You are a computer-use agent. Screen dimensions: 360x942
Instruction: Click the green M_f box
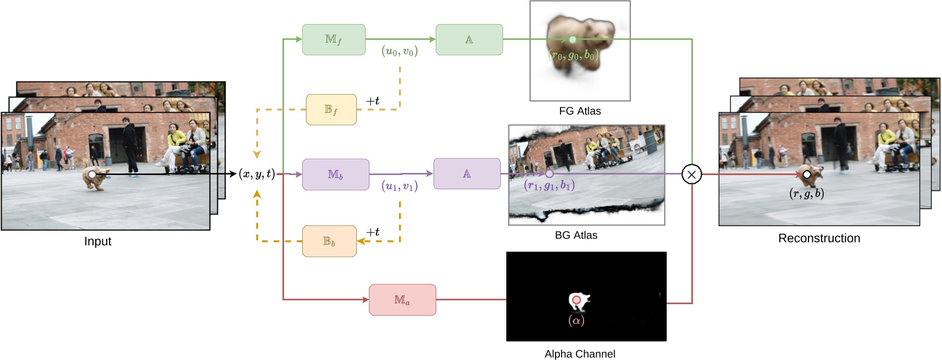(333, 39)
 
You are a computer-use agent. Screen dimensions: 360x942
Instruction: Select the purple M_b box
(335, 175)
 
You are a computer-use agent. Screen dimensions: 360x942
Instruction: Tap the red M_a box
(402, 300)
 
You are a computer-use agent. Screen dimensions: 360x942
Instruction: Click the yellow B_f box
(331, 109)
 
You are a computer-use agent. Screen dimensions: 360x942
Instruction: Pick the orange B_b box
(329, 241)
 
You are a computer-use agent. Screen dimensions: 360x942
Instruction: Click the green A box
(469, 39)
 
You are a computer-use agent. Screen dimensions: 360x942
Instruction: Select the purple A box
(466, 174)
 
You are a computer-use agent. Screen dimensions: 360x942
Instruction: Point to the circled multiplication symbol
(691, 175)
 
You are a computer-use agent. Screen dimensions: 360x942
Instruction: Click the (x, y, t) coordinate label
(257, 174)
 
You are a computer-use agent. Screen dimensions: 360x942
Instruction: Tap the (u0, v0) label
(400, 51)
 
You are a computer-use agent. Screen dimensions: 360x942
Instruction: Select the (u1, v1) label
(400, 186)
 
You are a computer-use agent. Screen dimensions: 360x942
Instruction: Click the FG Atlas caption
(580, 111)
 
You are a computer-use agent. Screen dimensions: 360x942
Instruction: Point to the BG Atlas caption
(576, 235)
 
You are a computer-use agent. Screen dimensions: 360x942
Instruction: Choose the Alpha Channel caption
(580, 354)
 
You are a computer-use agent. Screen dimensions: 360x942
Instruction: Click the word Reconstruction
(819, 238)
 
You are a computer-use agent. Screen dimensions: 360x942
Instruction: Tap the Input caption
(97, 241)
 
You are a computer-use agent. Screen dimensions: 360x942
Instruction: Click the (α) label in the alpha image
(576, 320)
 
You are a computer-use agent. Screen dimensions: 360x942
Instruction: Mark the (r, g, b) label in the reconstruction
(806, 193)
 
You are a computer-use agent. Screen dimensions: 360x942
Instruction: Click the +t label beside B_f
(373, 101)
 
